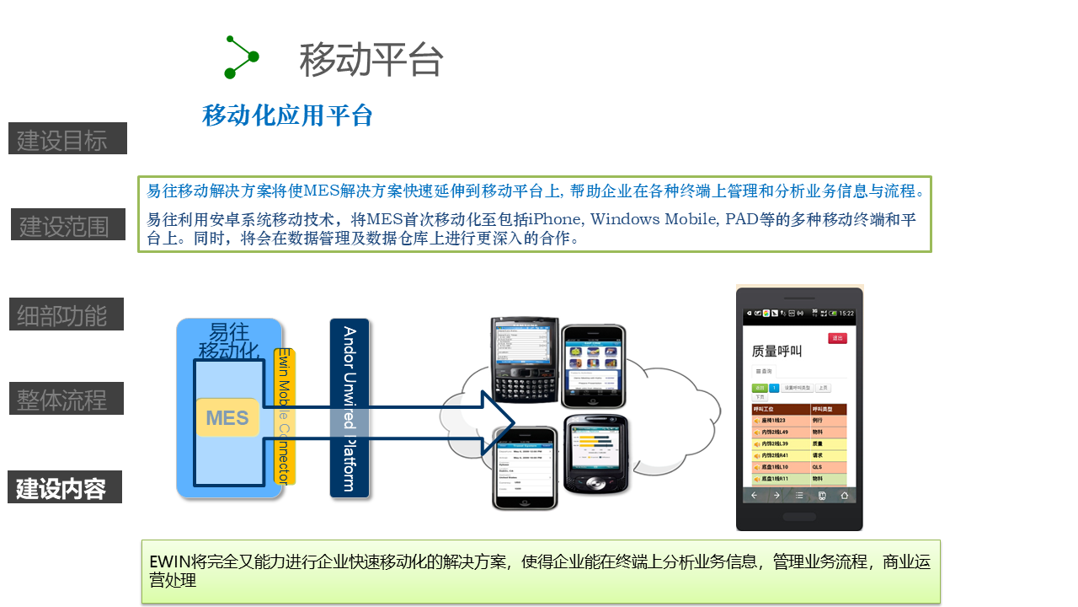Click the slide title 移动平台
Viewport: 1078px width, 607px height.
click(x=371, y=60)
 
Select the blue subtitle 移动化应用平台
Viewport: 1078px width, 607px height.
click(x=287, y=115)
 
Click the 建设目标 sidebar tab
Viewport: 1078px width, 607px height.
click(x=67, y=139)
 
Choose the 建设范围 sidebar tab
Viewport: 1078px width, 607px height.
click(x=67, y=225)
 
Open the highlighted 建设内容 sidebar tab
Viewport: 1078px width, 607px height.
click(x=64, y=487)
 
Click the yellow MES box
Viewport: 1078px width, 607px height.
click(x=227, y=417)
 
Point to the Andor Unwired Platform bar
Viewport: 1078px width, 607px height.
click(x=350, y=409)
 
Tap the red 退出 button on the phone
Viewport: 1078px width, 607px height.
click(x=837, y=338)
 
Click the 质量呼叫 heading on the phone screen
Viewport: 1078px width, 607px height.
click(x=776, y=351)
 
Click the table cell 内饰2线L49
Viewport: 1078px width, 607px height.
click(x=774, y=432)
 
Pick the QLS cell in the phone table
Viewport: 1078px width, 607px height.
click(x=818, y=467)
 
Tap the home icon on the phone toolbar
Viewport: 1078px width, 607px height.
click(x=844, y=496)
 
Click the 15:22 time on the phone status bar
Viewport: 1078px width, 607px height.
click(x=846, y=314)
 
